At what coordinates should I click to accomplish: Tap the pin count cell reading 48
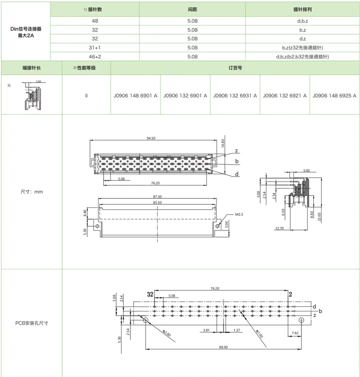coord(94,21)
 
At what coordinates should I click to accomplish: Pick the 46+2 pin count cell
coord(94,57)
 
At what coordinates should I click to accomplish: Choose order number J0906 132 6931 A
coord(235,95)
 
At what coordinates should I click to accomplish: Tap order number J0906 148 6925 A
coord(334,95)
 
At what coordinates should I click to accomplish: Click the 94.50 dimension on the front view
coord(150,139)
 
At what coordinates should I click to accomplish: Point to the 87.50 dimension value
coord(157,197)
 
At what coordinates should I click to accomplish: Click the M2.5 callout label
coord(239,215)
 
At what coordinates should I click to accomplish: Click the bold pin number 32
coord(150,294)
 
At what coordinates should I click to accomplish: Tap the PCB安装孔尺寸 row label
coord(31,323)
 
